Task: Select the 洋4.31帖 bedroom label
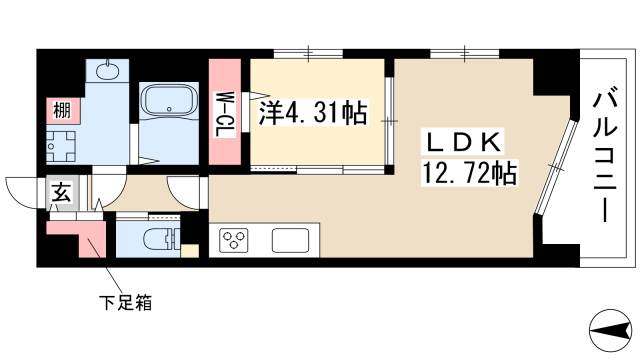click(312, 114)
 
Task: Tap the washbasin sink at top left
click(109, 71)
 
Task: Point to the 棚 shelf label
click(59, 109)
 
